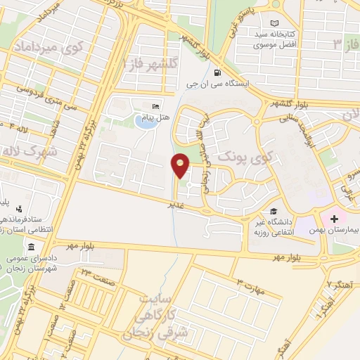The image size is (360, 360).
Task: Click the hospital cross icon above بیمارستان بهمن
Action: pos(335,219)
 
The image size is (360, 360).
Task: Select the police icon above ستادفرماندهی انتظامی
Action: pos(18,208)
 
